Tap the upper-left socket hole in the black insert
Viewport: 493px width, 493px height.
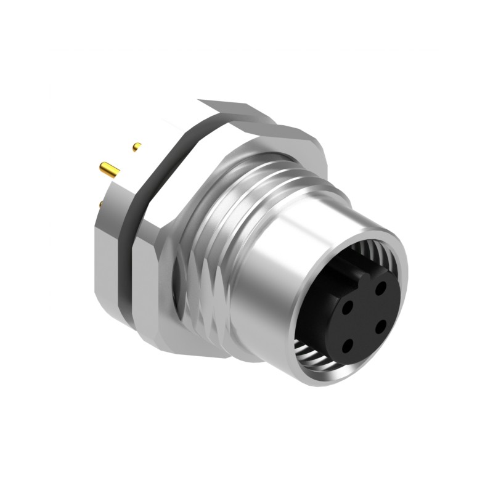coord(348,304)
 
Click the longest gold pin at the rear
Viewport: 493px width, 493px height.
coord(110,169)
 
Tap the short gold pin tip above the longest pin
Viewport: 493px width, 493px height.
coord(137,147)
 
